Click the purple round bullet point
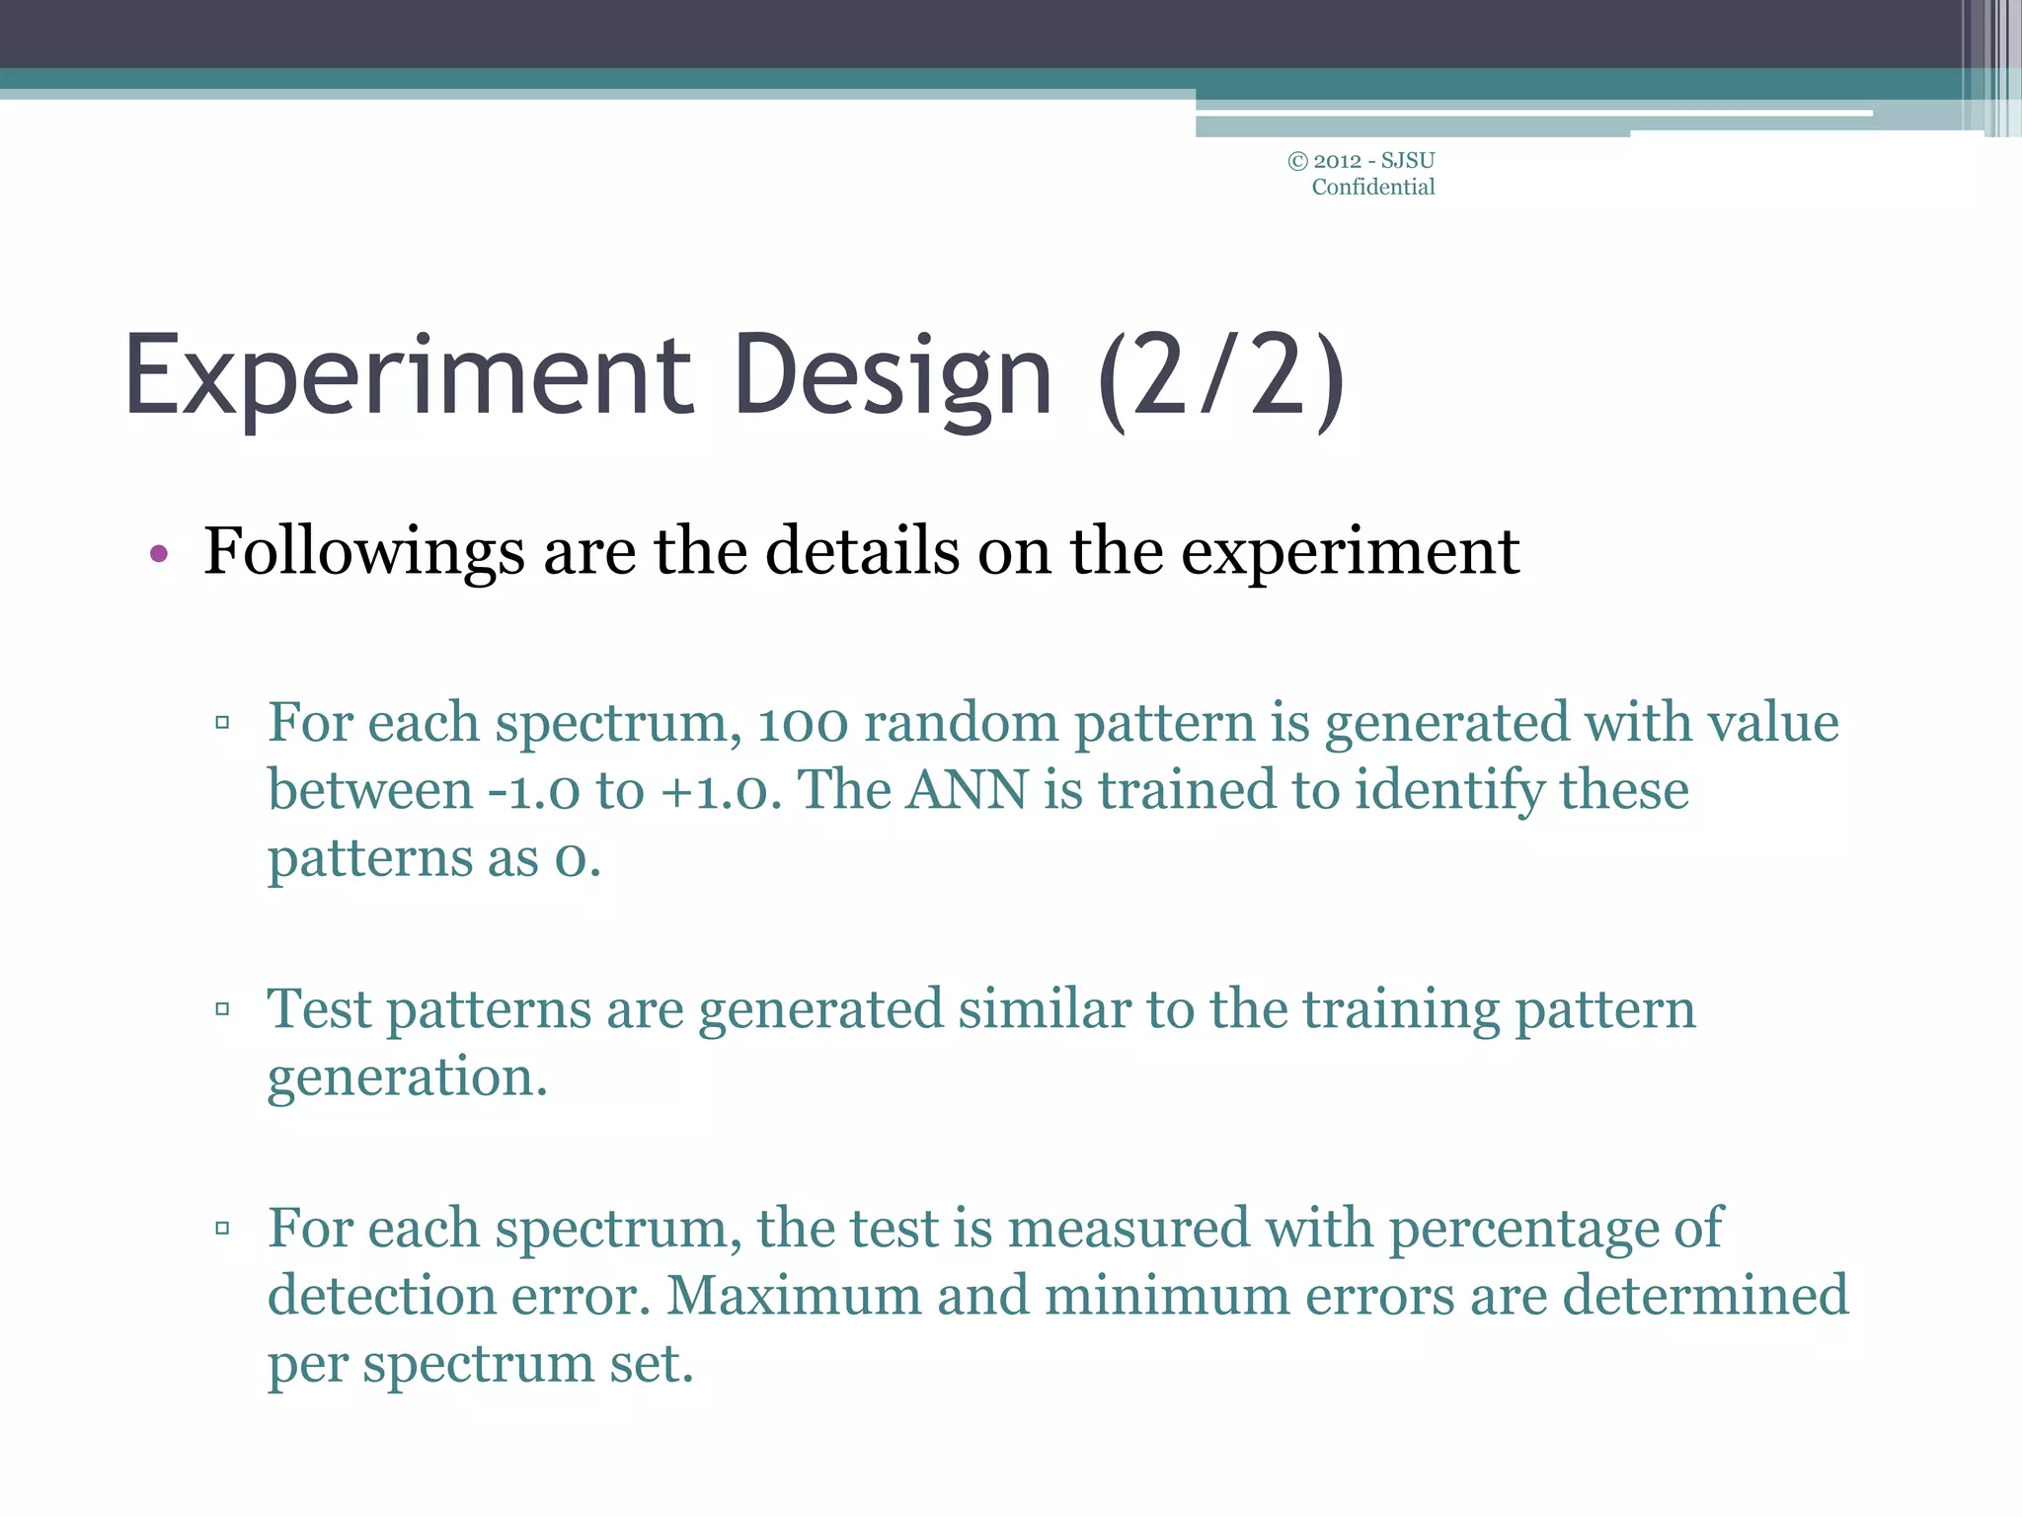159,554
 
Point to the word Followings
363,551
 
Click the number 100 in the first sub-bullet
802,723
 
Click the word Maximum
794,1296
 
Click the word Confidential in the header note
1372,188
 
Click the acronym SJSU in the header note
1408,161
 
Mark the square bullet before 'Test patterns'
222,1009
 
